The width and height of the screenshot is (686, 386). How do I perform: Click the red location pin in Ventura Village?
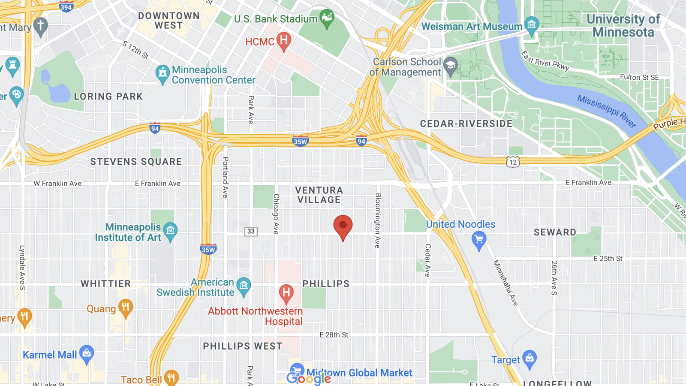[343, 226]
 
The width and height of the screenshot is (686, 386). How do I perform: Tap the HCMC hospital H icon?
[283, 41]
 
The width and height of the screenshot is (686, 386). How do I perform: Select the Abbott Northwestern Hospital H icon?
[286, 293]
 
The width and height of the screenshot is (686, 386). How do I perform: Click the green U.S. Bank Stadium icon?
[327, 18]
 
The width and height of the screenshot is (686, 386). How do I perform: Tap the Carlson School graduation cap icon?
[450, 66]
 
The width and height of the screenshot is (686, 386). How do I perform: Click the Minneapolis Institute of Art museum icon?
[170, 231]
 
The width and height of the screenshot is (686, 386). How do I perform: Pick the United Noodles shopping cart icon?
[479, 240]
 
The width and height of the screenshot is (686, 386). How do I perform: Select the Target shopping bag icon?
[530, 358]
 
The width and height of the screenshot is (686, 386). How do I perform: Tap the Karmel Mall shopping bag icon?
[87, 353]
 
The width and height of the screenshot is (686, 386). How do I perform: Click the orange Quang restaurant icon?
[125, 307]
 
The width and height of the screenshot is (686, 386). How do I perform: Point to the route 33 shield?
[251, 232]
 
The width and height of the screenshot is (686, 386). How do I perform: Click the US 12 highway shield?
[513, 162]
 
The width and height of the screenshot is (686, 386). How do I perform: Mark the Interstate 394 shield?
[66, 7]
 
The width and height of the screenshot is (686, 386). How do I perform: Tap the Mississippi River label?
[606, 111]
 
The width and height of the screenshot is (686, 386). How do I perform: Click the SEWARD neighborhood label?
[555, 232]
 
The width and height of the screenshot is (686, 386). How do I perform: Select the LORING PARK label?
[108, 96]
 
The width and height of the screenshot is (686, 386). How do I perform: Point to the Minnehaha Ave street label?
[505, 283]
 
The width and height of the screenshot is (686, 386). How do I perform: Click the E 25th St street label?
[608, 259]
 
